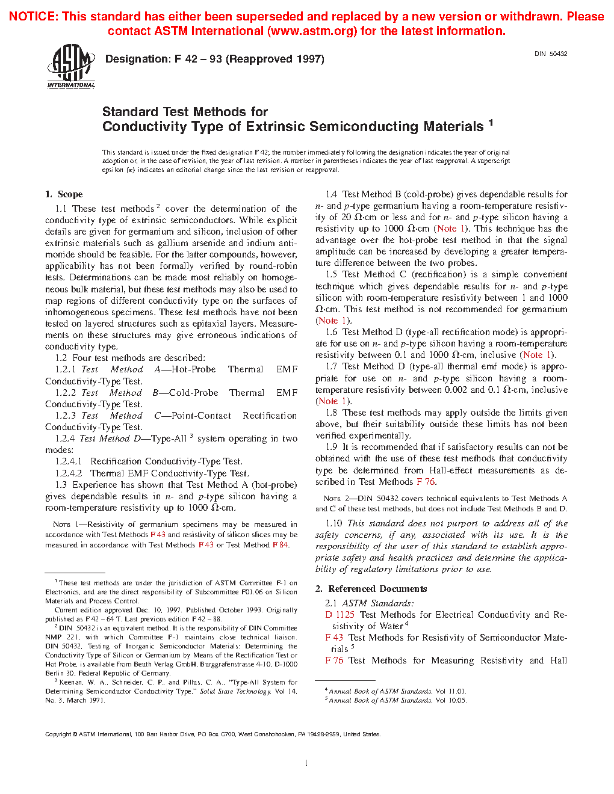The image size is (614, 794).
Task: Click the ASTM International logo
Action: coord(71,66)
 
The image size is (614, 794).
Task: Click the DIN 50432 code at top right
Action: coord(551,54)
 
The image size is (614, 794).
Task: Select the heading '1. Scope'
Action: coord(64,194)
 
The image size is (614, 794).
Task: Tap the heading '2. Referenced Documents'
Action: coord(371,589)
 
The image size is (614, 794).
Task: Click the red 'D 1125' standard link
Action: coord(340,615)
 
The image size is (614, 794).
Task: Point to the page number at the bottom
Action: coord(306,763)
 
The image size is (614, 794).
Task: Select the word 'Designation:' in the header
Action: coord(138,59)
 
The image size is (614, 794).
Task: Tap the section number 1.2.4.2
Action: coord(69,473)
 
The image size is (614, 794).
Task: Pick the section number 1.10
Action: coord(333,523)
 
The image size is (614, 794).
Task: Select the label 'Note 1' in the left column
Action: coord(61,525)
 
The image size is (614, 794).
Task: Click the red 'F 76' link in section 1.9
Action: coord(426,482)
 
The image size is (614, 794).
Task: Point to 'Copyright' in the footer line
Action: coord(58,734)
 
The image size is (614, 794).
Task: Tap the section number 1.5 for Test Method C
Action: coord(331,274)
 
